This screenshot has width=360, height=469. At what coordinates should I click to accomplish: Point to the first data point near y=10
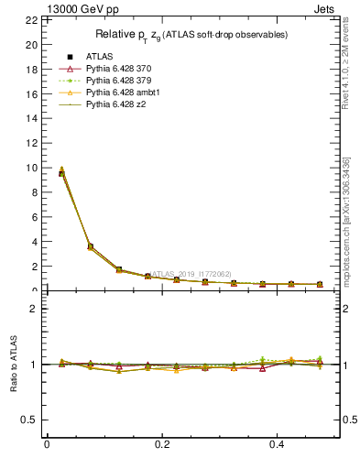[61, 172]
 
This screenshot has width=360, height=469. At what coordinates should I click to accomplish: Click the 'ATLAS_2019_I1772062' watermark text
[192, 273]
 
